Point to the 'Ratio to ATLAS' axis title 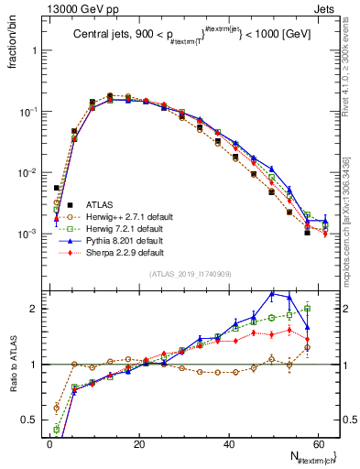(12, 363)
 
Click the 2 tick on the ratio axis (35, 309)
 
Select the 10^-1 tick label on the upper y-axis (27, 112)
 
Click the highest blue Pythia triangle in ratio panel (272, 293)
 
